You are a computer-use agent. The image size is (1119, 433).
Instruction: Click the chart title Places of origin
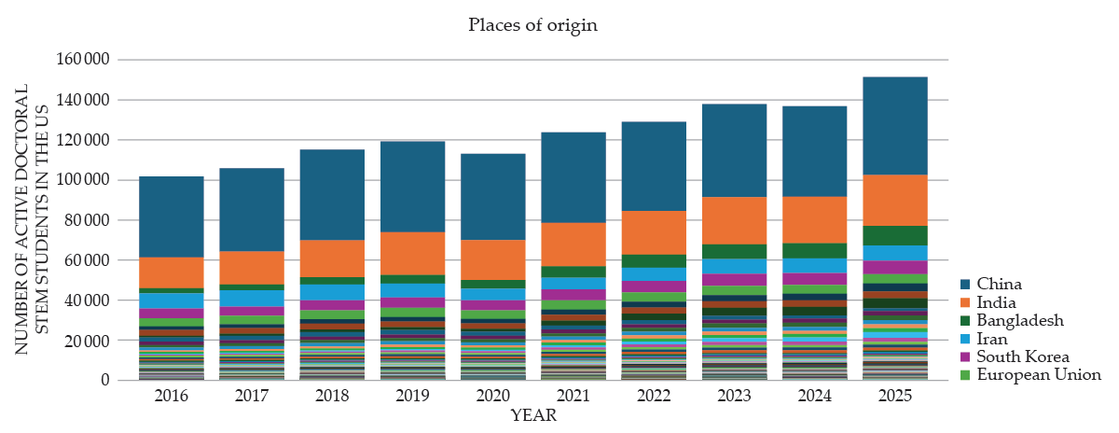click(532, 25)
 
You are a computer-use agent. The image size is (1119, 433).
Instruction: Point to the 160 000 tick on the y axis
click(85, 60)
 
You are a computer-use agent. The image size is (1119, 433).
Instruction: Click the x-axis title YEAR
click(533, 416)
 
